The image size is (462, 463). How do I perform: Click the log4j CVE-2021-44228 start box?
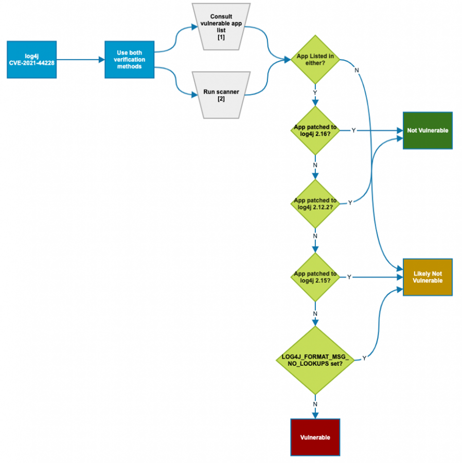tap(31, 60)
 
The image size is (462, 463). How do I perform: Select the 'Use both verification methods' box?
tap(130, 60)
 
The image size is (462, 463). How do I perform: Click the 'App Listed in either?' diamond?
tap(315, 59)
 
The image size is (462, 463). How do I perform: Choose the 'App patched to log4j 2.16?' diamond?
tap(315, 130)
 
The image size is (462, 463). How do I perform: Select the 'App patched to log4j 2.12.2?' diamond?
tap(315, 203)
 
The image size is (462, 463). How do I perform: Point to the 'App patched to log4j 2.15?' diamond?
tap(315, 277)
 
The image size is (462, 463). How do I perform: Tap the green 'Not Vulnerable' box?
tap(428, 130)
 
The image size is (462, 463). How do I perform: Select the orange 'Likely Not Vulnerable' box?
tap(428, 277)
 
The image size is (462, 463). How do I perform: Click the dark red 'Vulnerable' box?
tap(315, 437)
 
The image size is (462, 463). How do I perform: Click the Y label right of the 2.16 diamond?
tap(353, 131)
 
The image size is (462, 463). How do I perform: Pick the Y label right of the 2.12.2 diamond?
tap(350, 203)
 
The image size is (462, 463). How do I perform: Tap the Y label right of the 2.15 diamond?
tap(349, 277)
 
